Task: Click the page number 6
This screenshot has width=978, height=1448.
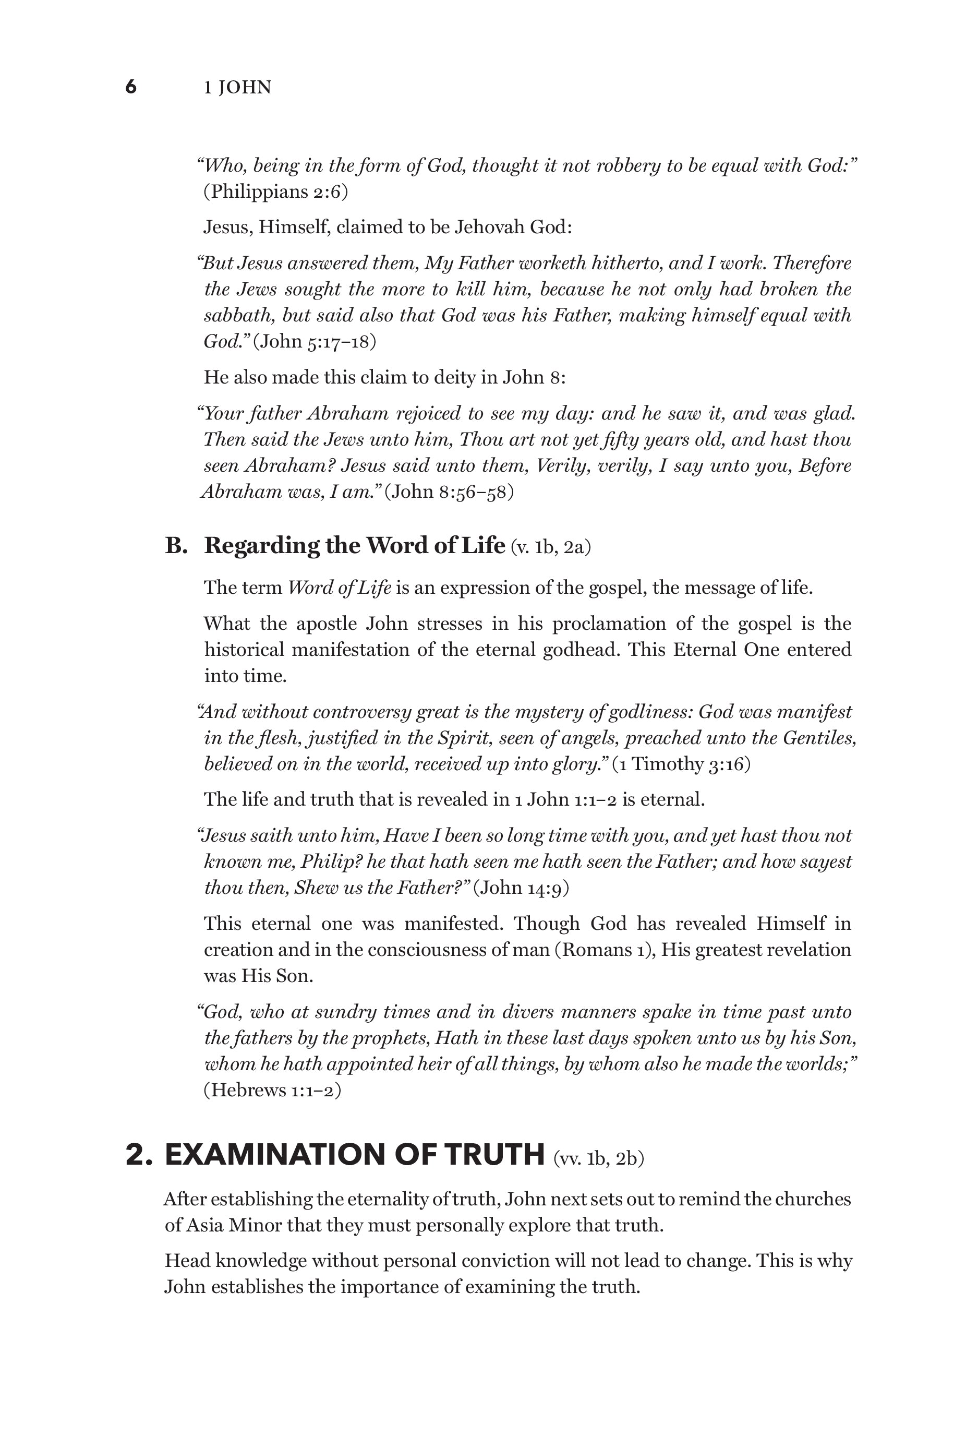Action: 131,87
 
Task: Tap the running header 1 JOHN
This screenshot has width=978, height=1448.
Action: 237,88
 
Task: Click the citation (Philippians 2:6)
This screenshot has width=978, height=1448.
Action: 275,192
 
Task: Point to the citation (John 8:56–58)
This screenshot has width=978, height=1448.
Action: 449,492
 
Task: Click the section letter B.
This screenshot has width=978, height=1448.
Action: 176,546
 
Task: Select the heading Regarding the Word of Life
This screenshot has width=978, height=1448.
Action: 354,546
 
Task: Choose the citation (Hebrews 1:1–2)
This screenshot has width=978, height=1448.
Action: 272,1090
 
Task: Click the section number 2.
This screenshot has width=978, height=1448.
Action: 138,1155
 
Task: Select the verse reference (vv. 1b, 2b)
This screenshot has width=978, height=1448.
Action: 598,1158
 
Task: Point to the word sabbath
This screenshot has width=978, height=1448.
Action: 239,315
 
